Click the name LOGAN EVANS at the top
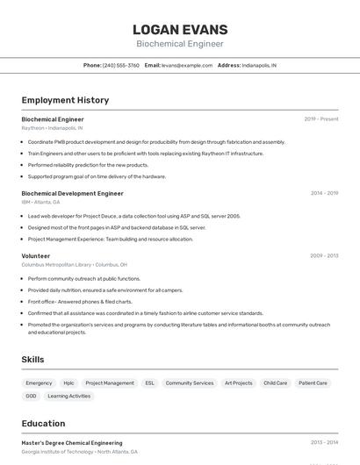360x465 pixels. coord(180,30)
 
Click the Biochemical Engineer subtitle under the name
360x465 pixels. coord(180,44)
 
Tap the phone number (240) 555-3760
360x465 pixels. coord(120,65)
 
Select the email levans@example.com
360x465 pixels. coord(187,65)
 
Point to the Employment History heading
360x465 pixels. coord(65,100)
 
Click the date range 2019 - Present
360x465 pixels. coord(321,119)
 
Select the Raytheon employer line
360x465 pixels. coord(52,128)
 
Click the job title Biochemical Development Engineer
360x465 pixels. coord(72,193)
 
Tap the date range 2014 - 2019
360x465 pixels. coord(324,193)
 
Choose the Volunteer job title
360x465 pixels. coord(36,256)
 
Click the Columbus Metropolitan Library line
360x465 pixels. coord(74,264)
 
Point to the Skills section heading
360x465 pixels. coord(33,360)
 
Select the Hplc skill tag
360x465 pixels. coord(68,383)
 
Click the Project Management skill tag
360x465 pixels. coord(110,383)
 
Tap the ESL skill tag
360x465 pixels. coord(150,383)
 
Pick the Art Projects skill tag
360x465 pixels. coord(238,383)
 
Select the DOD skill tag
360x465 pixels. coord(31,397)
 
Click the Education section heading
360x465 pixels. coord(44,424)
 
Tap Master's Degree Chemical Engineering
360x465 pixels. coord(72,443)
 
